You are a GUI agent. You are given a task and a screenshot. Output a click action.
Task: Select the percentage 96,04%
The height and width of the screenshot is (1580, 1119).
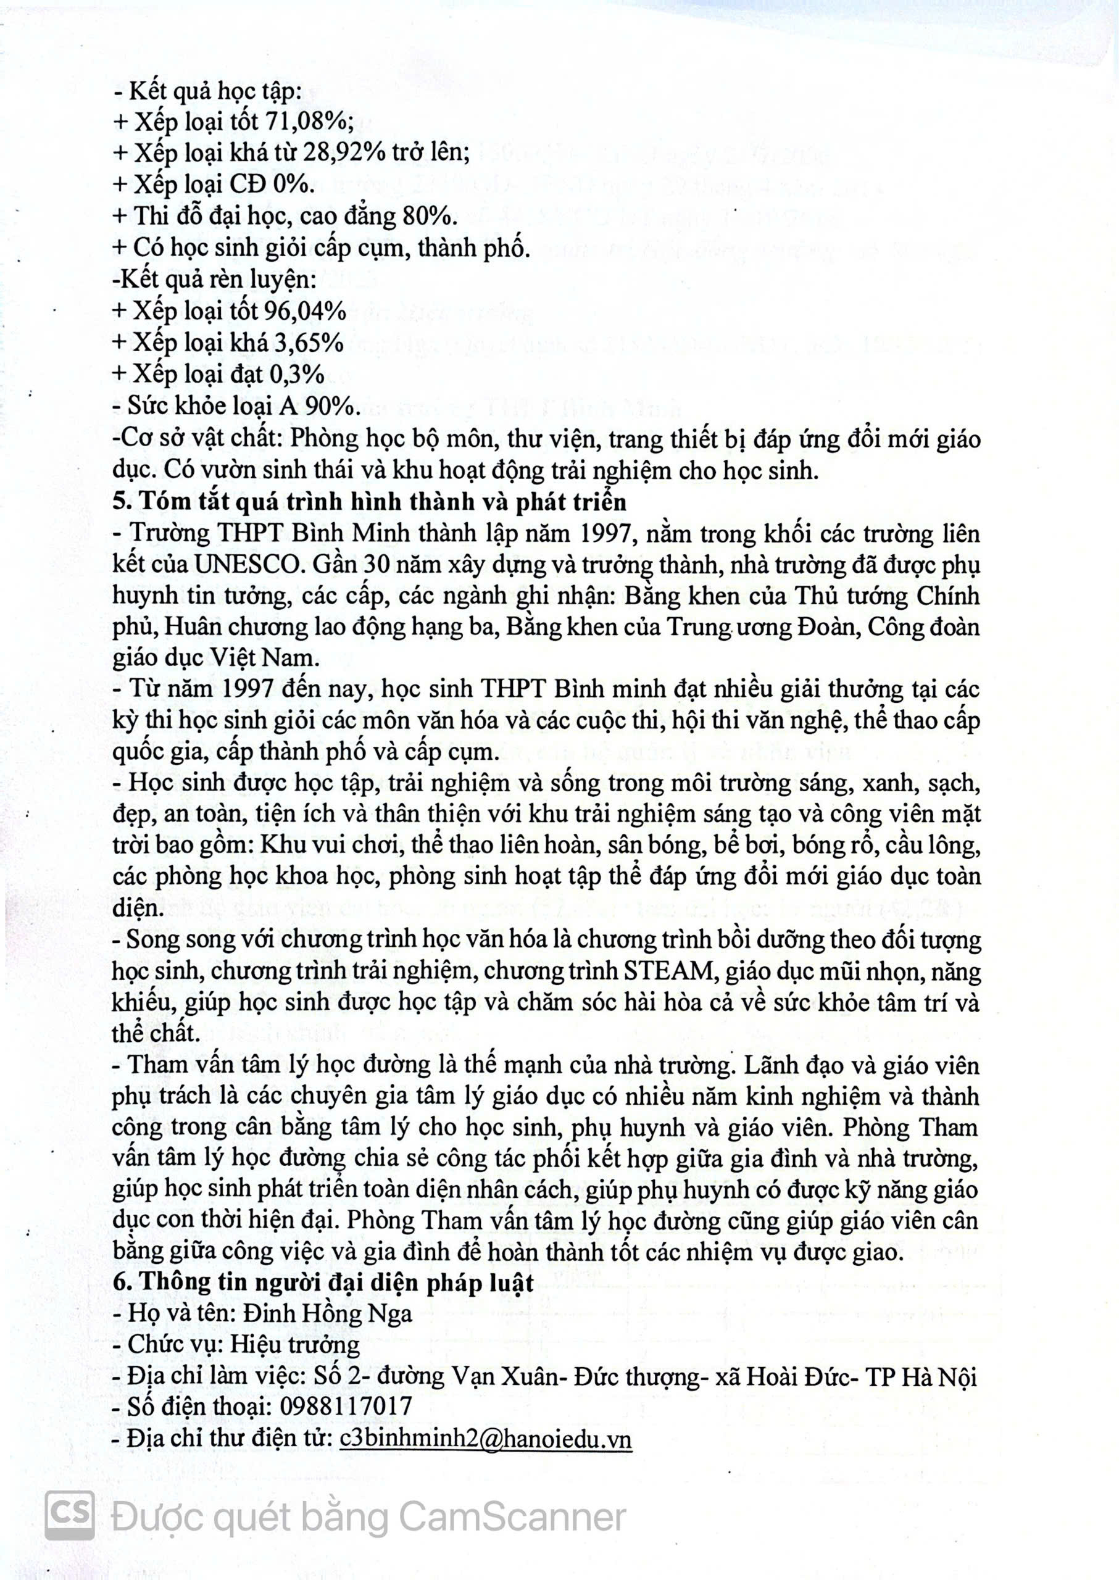click(304, 312)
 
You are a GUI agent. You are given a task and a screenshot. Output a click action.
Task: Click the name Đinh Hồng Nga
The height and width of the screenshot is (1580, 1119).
click(327, 1313)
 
